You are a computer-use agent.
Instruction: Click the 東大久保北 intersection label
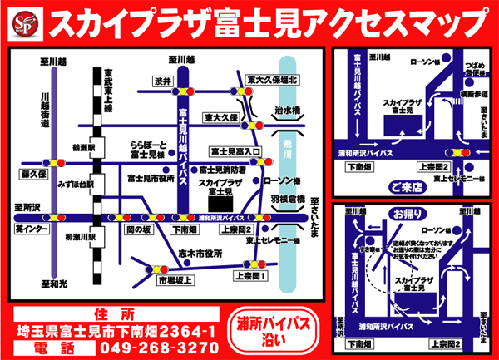coord(279,81)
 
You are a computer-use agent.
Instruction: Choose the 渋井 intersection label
coord(162,81)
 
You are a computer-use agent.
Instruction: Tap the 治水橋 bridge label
coord(287,108)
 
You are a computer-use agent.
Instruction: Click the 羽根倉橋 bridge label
coord(294,200)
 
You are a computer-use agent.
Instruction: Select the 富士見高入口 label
coord(235,152)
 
